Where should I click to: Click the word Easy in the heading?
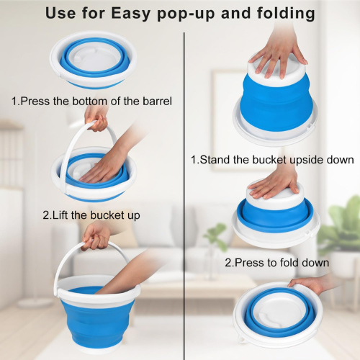point(130,13)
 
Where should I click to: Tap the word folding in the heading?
point(286,13)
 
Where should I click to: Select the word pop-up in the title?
point(186,14)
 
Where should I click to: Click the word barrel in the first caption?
point(157,101)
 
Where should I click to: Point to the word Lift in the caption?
point(60,215)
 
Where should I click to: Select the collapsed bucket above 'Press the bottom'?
point(94,60)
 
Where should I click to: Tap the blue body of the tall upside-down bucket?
point(276,103)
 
